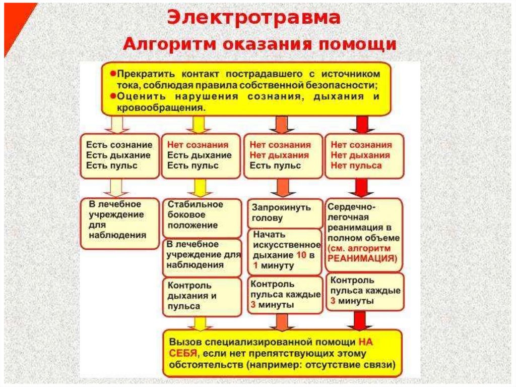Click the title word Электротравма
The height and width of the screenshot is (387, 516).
(254, 18)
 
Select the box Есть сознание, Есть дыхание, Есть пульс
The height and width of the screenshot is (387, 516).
(119, 155)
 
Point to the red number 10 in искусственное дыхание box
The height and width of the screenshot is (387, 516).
(301, 255)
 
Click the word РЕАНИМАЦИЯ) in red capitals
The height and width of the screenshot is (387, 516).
(362, 257)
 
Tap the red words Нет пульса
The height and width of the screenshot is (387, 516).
(356, 165)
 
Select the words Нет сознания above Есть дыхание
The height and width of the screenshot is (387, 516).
(198, 145)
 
